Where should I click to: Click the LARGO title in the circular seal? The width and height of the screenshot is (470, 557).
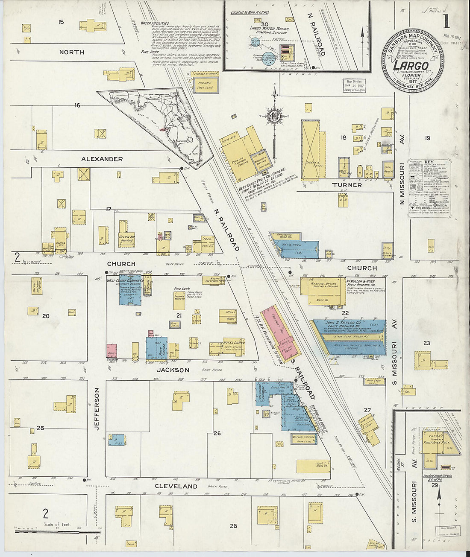click(x=411, y=66)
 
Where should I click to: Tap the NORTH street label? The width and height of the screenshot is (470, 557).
click(x=71, y=52)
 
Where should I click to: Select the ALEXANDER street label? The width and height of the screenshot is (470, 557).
click(x=102, y=159)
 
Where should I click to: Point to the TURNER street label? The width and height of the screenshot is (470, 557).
click(x=347, y=185)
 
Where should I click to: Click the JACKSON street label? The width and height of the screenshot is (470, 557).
click(x=173, y=370)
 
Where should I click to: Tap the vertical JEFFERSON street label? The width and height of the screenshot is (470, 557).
click(x=97, y=408)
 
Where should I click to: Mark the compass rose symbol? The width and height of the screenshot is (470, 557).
click(x=273, y=116)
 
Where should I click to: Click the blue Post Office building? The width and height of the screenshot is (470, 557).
click(x=156, y=348)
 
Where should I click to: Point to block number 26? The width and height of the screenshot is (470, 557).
click(x=217, y=434)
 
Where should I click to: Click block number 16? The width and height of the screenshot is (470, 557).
click(x=77, y=105)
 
